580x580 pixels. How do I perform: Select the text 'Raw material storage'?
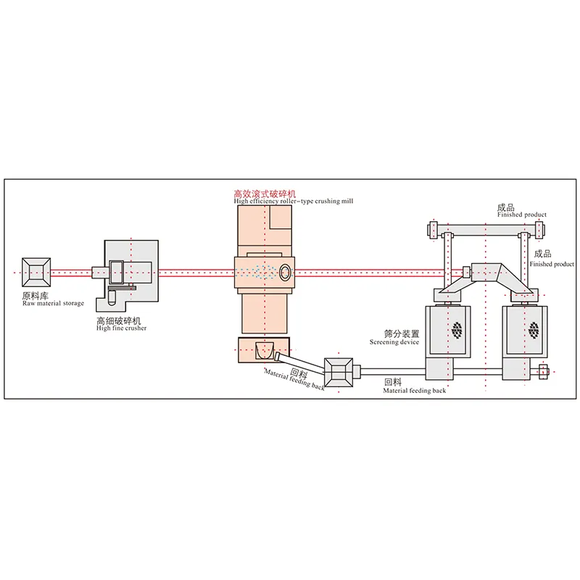53,303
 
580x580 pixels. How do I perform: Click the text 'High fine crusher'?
122,328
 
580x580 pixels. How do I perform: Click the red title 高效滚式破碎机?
264,194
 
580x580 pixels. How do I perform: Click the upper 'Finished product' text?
522,215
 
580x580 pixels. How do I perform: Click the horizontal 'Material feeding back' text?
414,390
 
